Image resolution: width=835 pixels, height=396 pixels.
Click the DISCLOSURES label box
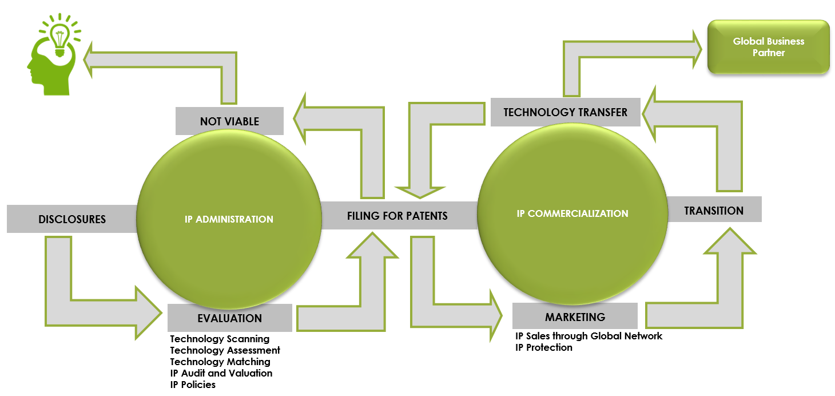click(x=72, y=219)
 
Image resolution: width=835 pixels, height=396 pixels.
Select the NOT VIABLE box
click(x=229, y=121)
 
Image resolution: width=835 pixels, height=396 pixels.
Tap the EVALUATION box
click(x=229, y=318)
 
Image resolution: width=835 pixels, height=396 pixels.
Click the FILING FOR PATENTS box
click(x=397, y=216)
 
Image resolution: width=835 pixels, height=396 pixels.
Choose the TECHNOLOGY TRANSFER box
click(x=565, y=112)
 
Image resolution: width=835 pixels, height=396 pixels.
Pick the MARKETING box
click(x=575, y=316)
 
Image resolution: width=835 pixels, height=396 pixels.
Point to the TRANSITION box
click(x=714, y=210)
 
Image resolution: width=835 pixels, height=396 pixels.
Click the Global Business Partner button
click(x=768, y=47)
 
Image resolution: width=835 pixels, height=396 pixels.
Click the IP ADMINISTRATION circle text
click(x=229, y=219)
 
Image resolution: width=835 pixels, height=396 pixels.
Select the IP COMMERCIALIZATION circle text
click(x=572, y=213)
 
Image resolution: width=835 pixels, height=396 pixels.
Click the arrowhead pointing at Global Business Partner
click(x=696, y=48)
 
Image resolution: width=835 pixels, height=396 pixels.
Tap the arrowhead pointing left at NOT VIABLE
click(x=301, y=120)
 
